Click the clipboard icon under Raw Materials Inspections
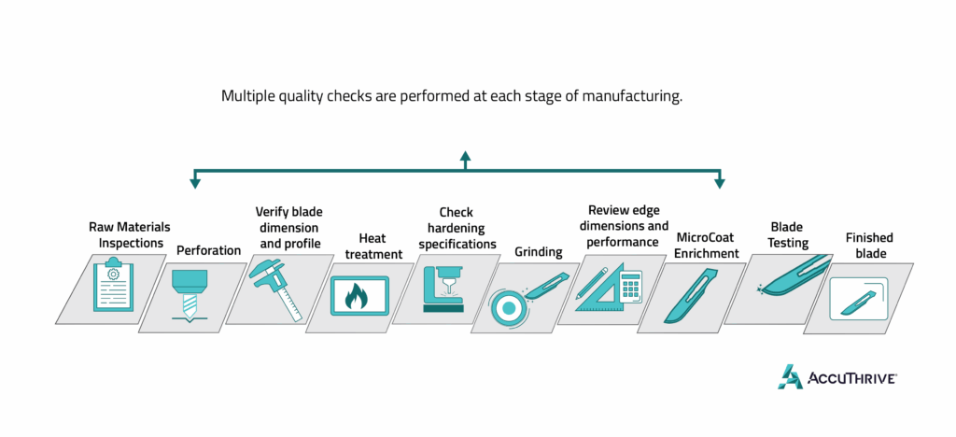(x=114, y=287)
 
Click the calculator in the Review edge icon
(x=630, y=288)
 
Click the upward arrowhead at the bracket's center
(x=464, y=157)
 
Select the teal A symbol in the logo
(x=791, y=375)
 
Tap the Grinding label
(x=539, y=251)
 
